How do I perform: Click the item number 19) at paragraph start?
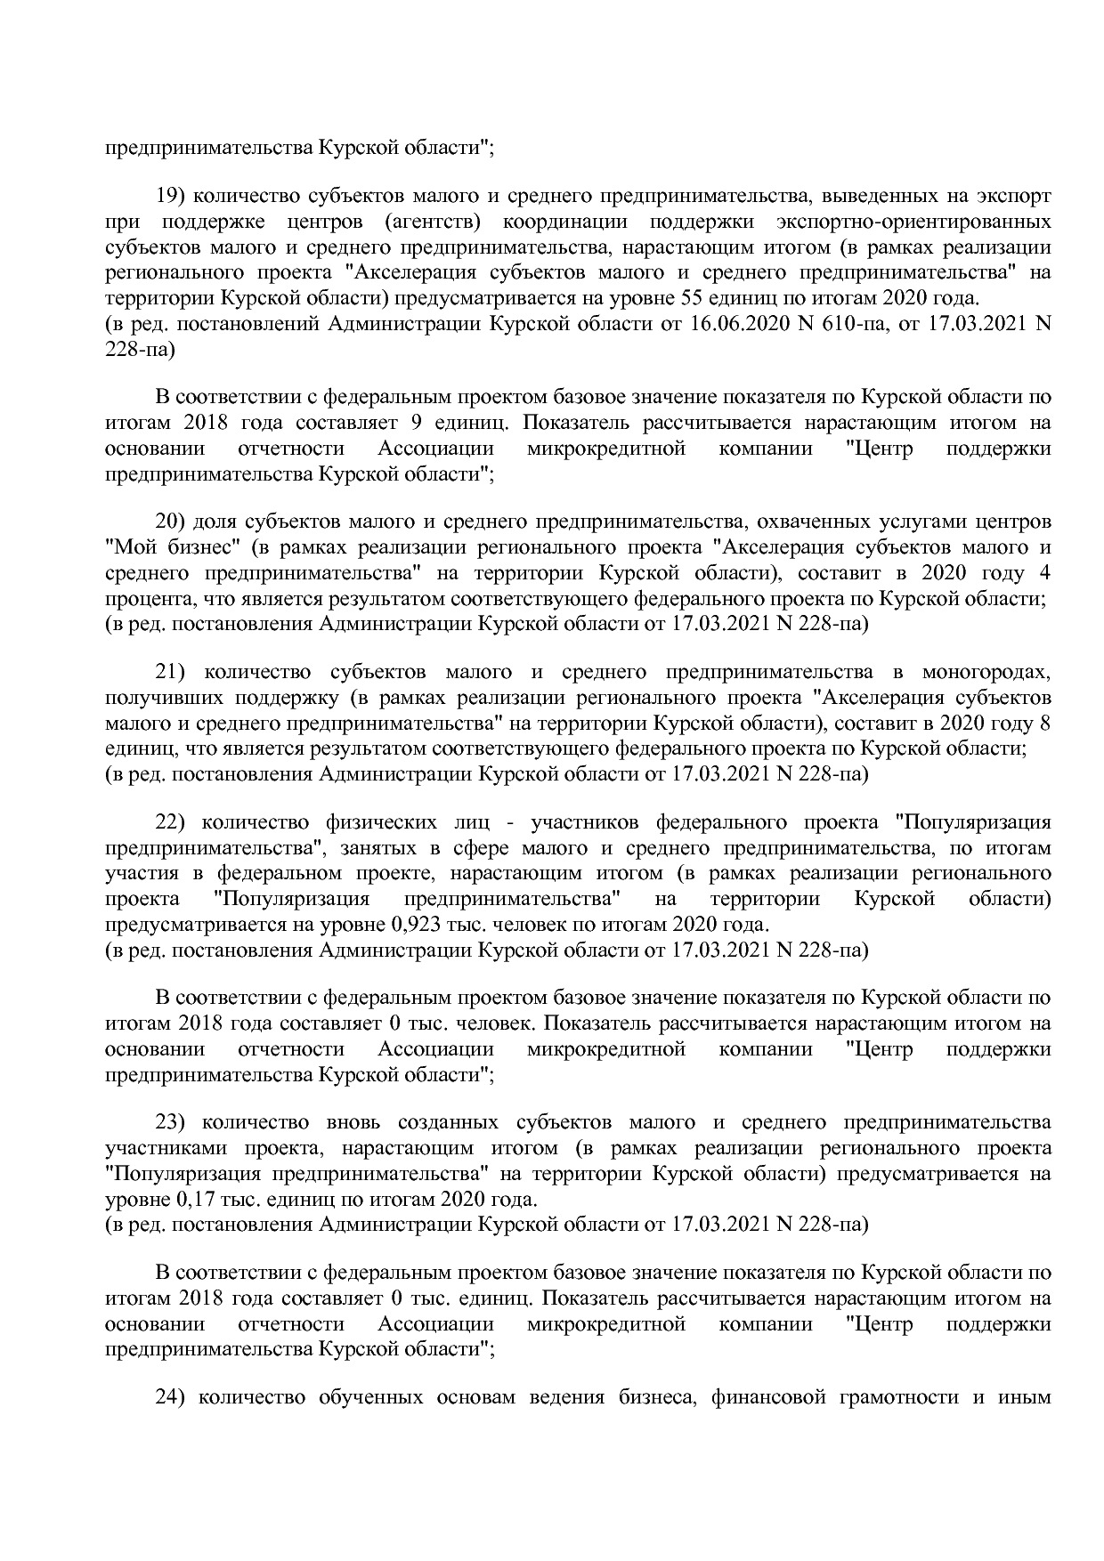(x=171, y=195)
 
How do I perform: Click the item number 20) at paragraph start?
(x=171, y=520)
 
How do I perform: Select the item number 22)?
(x=171, y=821)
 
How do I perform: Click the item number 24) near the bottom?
(x=171, y=1397)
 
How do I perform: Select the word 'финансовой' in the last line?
(x=765, y=1397)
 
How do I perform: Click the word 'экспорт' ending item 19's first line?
(x=1014, y=195)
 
